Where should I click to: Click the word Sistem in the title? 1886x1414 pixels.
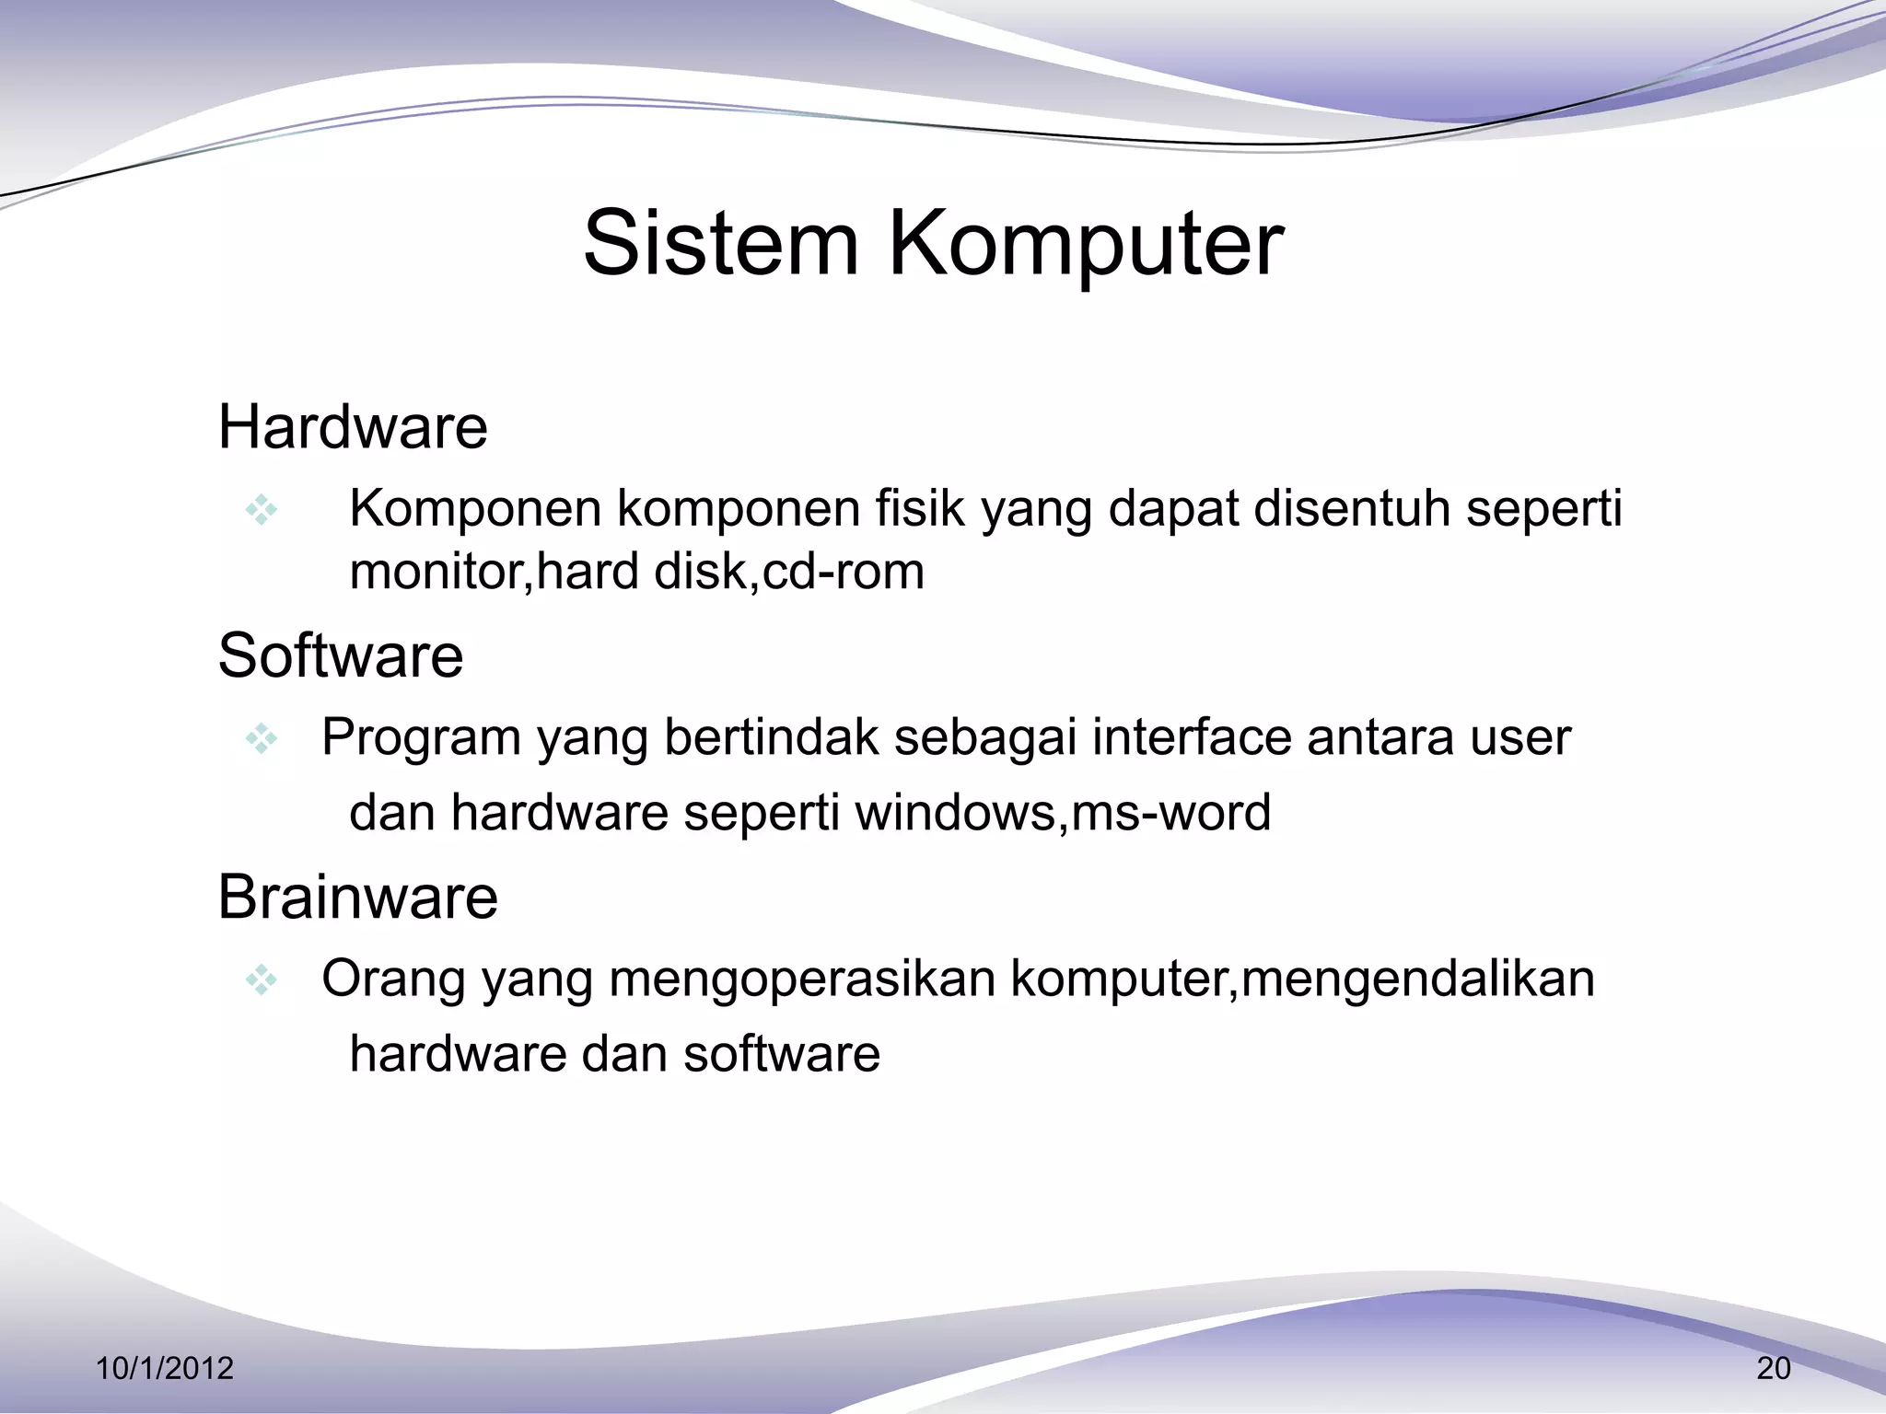pyautogui.click(x=721, y=243)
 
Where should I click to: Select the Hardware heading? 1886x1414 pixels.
pyautogui.click(x=353, y=427)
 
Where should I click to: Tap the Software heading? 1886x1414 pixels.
pyautogui.click(x=341, y=655)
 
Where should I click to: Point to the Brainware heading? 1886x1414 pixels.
pyautogui.click(x=357, y=897)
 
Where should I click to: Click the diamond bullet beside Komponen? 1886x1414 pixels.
pyautogui.click(x=262, y=510)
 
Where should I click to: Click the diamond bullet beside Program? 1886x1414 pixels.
pyautogui.click(x=262, y=738)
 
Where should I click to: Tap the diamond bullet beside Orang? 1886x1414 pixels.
pyautogui.click(x=262, y=979)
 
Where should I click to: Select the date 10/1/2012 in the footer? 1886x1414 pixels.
pyautogui.click(x=165, y=1369)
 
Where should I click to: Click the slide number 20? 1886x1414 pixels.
pyautogui.click(x=1774, y=1369)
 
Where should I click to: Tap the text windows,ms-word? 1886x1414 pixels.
pyautogui.click(x=1063, y=813)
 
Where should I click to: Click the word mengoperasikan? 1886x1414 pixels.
pyautogui.click(x=802, y=979)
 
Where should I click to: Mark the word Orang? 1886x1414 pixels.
pyautogui.click(x=393, y=980)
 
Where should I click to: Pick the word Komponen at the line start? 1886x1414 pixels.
pyautogui.click(x=475, y=510)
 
